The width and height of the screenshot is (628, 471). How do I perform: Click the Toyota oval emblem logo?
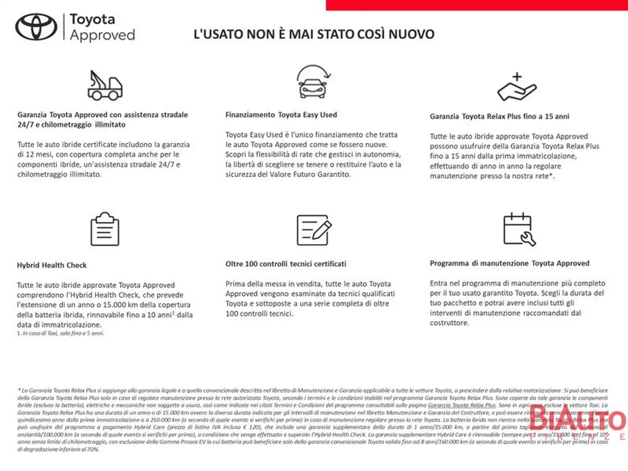click(36, 27)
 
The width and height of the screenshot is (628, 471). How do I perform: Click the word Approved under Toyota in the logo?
click(102, 35)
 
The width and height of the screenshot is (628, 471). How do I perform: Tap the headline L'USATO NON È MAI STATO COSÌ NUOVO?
click(314, 34)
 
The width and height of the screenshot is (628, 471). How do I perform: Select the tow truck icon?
click(105, 85)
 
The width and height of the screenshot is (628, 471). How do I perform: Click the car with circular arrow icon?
click(313, 82)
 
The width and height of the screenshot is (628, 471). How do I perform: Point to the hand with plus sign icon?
click(517, 87)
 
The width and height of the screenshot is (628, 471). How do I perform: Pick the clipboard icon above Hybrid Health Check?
click(105, 229)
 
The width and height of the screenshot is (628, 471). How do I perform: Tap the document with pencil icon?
click(314, 230)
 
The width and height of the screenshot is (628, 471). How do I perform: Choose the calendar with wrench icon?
click(519, 229)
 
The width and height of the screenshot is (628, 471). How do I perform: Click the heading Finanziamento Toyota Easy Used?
click(281, 115)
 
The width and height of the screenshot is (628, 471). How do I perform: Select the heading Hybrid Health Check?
click(52, 265)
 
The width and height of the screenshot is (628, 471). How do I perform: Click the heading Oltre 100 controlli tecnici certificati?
click(286, 264)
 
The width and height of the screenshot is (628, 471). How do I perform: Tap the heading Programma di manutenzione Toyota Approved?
click(509, 263)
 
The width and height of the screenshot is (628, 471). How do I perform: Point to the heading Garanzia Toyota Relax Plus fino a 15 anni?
click(499, 116)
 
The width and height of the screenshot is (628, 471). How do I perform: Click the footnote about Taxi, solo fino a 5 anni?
click(61, 333)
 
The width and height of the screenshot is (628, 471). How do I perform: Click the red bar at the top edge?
click(477, 5)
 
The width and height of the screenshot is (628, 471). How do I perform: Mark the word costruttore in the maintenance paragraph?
click(449, 323)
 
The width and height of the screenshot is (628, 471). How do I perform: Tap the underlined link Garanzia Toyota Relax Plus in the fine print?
click(461, 405)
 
